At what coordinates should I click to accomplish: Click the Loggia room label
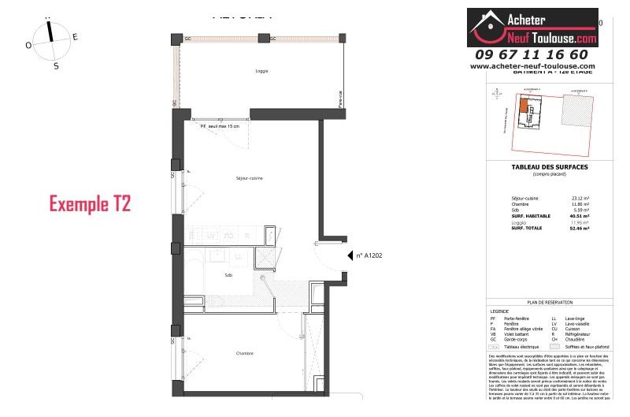coord(261,71)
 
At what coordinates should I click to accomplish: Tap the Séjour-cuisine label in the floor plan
coord(249,178)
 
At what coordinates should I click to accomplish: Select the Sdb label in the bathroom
coord(228,275)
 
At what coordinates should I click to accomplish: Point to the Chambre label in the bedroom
coord(244,354)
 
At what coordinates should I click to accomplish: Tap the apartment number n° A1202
coord(369,255)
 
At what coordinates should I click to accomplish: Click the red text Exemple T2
coord(89,204)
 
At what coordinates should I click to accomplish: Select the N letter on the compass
coord(48,17)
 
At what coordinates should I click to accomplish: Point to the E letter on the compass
coord(75,36)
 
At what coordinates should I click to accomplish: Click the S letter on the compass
coord(55,66)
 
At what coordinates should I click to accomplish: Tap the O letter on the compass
coord(28,46)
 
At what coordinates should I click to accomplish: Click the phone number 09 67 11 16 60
coord(532,54)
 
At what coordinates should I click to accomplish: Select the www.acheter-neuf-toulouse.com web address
coord(532,66)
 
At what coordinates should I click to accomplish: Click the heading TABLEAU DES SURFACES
coord(549,166)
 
